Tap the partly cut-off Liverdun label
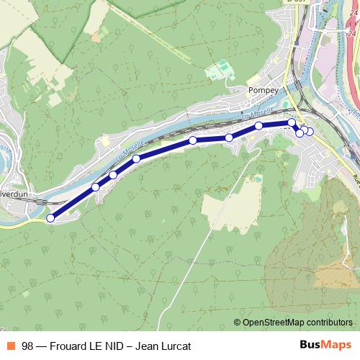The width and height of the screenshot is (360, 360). pos(13,193)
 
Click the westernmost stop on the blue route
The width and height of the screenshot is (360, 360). pos(50,218)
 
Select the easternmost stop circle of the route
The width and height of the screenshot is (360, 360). pos(310,131)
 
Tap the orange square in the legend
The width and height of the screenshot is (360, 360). pos(12,346)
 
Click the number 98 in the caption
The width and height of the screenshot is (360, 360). pos(27,346)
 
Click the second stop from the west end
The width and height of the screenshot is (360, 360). pos(96,187)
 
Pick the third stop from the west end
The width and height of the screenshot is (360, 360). pos(113,175)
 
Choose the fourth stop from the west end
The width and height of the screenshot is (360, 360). pos(136,158)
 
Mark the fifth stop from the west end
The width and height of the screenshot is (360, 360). pos(193,140)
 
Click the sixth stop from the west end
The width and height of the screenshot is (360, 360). pos(229,138)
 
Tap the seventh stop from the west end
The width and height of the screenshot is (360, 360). pos(258,126)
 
